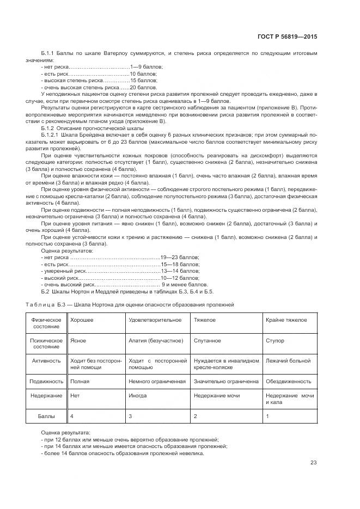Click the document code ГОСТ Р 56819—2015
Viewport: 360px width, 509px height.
(287, 37)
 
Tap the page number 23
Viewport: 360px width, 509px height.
(313, 463)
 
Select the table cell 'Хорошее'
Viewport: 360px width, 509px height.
(81, 320)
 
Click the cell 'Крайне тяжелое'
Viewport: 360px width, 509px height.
(285, 320)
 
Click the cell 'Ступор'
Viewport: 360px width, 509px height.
(275, 340)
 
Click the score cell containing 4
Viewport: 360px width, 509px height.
(72, 416)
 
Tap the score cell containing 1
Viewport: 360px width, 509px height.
(267, 416)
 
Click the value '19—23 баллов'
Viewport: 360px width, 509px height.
(179, 257)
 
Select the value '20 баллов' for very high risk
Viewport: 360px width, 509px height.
(143, 87)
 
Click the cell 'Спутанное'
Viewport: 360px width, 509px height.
(207, 340)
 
